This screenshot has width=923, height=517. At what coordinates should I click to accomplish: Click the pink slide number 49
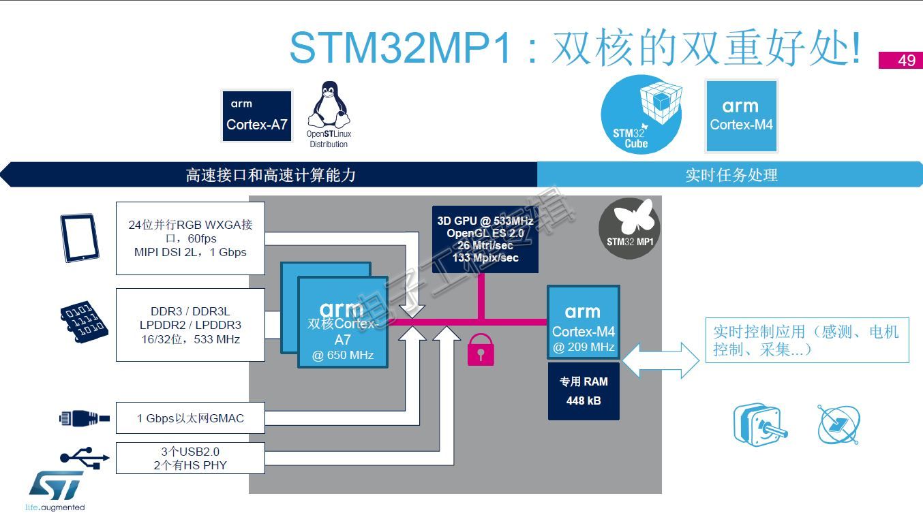[901, 60]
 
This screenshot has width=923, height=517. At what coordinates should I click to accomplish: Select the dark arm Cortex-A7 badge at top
[257, 116]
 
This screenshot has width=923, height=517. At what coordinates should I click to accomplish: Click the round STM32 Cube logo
[641, 114]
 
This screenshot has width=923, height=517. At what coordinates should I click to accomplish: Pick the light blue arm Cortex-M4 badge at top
[741, 116]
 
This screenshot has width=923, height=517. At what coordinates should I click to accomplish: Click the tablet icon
[80, 238]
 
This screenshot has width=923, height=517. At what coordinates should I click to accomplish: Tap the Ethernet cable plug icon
[85, 418]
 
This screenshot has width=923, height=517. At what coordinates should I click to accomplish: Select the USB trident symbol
[85, 458]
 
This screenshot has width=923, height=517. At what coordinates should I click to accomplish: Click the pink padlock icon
[481, 349]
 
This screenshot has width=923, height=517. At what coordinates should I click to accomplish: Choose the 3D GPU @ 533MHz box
[485, 239]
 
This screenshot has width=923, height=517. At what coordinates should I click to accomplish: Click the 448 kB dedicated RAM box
[584, 391]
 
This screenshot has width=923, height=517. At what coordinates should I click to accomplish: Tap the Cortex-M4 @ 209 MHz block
[584, 322]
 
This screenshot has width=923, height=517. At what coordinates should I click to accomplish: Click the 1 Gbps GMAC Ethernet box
[190, 418]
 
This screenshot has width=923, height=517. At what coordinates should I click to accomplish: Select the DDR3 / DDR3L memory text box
[190, 325]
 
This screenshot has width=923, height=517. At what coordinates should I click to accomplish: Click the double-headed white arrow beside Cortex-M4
[661, 360]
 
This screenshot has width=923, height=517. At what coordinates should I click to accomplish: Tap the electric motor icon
[759, 424]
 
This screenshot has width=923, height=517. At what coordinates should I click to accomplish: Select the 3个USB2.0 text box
[190, 458]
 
